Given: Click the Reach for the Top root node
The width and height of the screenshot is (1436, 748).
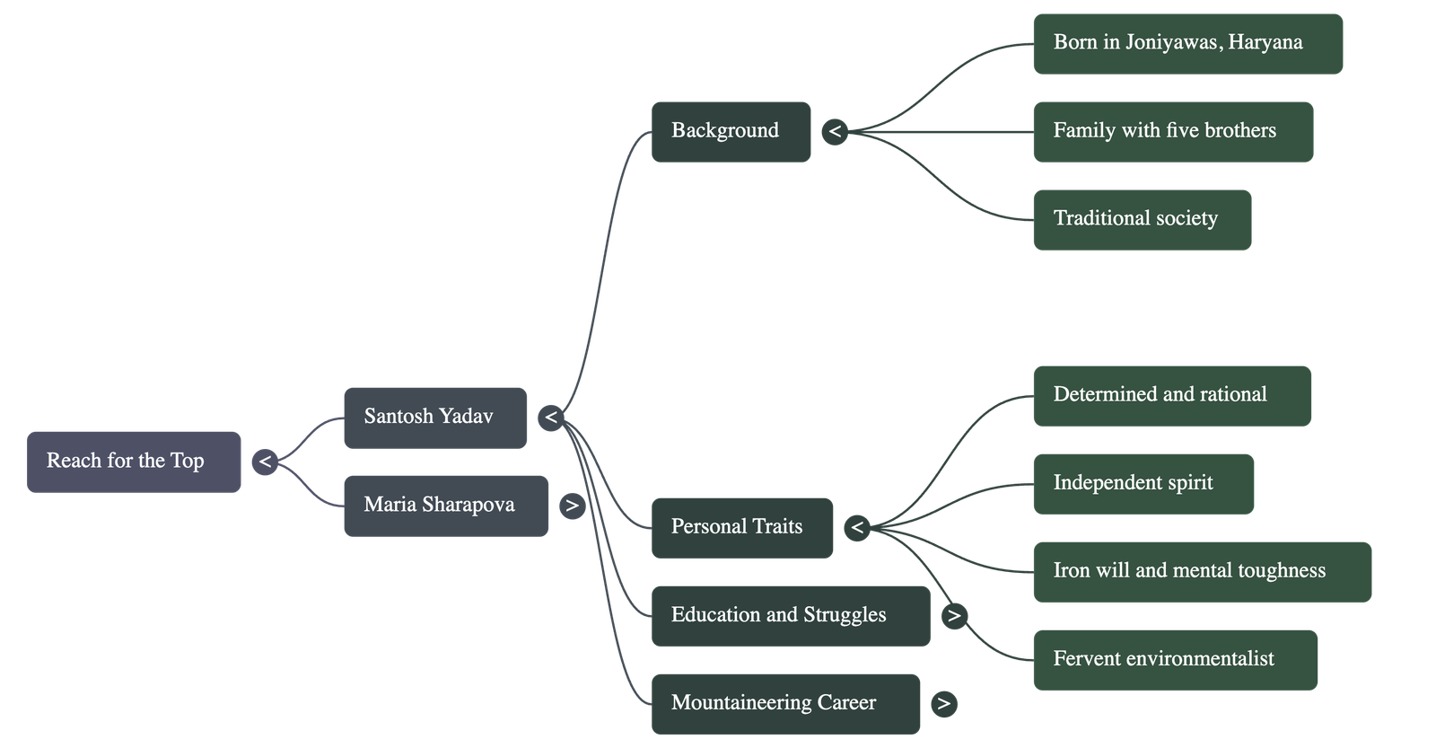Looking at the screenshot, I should (x=134, y=462).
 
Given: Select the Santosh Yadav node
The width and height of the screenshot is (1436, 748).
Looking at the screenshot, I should (x=434, y=417).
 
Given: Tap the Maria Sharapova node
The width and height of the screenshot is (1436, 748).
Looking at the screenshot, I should (x=445, y=505).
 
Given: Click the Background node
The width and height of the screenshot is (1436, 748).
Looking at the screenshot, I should (x=731, y=131).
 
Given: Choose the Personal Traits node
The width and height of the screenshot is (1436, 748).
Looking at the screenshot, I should (x=741, y=527).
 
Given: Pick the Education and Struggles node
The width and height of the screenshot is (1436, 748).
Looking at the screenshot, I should (x=790, y=615).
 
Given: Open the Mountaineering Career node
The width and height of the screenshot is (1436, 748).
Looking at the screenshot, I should (x=785, y=703).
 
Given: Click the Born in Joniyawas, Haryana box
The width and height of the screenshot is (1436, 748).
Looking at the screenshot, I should (x=1187, y=43).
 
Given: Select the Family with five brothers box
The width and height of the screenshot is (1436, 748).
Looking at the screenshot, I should (x=1172, y=131).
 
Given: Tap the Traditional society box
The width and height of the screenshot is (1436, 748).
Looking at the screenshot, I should (x=1142, y=219).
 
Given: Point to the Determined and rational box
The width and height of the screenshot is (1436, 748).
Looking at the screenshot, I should (x=1171, y=395).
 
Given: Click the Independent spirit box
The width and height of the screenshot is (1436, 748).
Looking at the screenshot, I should (x=1143, y=483).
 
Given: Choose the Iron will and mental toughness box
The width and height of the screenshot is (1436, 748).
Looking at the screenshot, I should (x=1202, y=571).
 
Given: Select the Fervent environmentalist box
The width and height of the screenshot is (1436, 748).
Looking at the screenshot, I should (x=1175, y=659).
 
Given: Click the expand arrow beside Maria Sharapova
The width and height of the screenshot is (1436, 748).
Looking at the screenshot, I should (x=572, y=506).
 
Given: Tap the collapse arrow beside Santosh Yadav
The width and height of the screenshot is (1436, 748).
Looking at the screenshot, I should (x=551, y=418).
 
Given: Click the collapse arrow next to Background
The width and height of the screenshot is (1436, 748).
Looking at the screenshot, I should (x=835, y=132).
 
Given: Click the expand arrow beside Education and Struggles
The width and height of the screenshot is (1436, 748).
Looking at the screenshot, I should (x=953, y=616).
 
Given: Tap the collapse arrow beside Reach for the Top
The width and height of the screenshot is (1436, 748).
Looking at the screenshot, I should (x=265, y=462).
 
